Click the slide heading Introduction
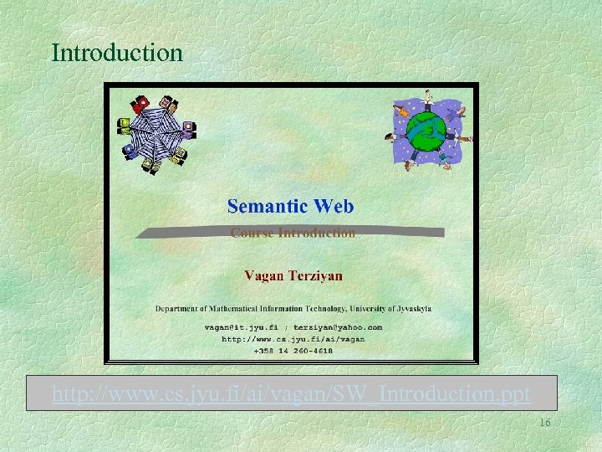click(x=117, y=53)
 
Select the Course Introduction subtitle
click(x=293, y=233)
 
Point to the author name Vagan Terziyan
click(x=293, y=275)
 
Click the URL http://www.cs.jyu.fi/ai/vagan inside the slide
click(x=293, y=339)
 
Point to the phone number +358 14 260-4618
click(x=293, y=351)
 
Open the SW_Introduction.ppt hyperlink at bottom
click(x=291, y=393)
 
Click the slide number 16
click(x=544, y=424)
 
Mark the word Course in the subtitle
click(x=250, y=233)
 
